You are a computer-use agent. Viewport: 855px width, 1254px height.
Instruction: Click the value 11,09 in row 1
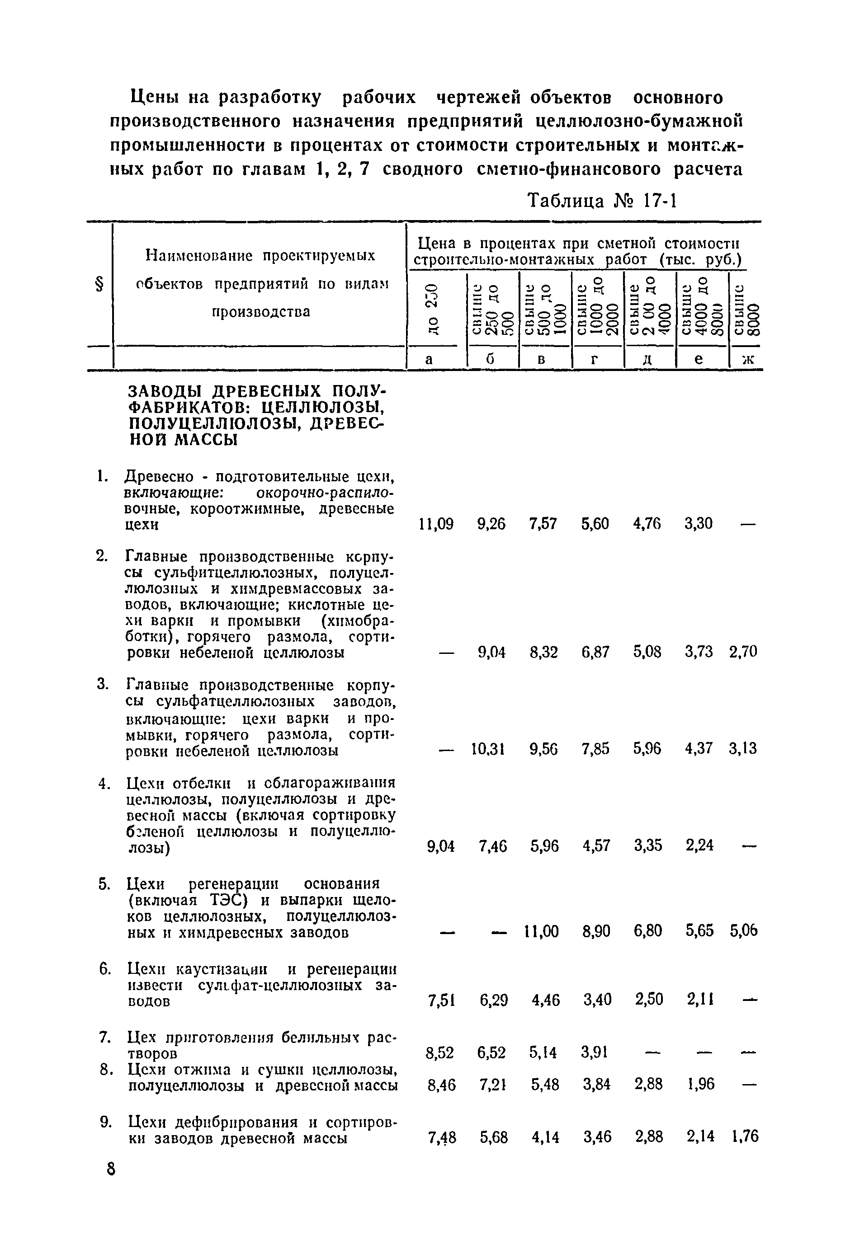436,523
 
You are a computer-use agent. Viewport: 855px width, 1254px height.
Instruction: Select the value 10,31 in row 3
487,748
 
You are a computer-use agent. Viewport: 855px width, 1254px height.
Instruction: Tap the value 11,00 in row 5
541,931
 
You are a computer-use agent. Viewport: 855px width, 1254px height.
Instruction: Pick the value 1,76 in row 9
745,1137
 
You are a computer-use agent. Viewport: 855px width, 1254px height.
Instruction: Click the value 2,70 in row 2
743,652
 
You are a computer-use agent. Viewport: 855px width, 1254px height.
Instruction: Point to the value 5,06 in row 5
744,931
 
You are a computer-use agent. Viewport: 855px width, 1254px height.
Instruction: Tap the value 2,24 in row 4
699,845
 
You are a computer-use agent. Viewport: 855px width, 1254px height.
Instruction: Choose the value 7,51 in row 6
441,1000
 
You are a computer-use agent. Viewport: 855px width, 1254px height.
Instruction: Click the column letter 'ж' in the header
747,360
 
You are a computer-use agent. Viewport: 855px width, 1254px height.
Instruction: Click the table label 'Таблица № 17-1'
602,201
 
